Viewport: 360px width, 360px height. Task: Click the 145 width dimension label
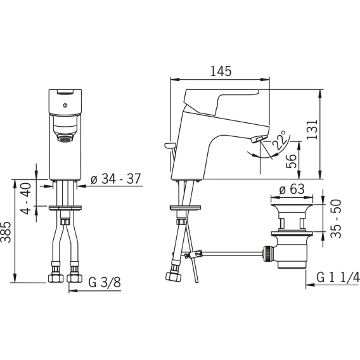pos(221,71)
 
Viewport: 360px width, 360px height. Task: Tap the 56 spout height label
pos(291,162)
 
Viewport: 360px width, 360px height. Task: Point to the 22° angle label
pos(280,140)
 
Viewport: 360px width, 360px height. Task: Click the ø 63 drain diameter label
pos(292,190)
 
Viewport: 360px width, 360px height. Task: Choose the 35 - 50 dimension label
pos(337,219)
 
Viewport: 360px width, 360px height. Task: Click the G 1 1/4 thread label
pos(338,278)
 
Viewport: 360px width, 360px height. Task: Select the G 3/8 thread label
pos(105,282)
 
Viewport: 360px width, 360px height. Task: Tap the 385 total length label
pos(6,232)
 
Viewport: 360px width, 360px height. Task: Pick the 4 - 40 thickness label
pos(26,198)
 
